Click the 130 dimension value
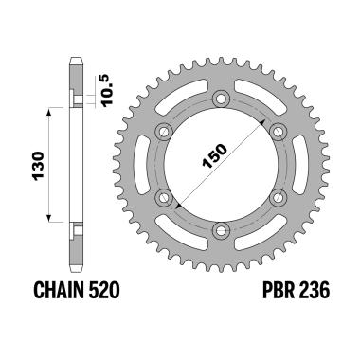click(x=34, y=171)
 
